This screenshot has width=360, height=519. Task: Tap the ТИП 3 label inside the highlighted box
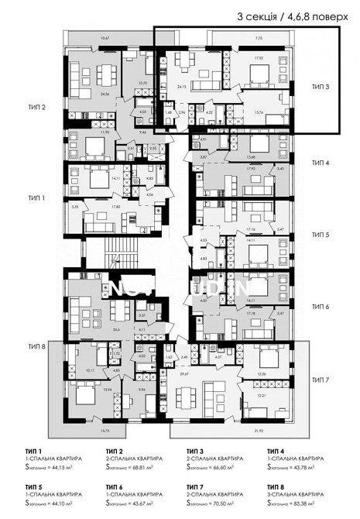(x=321, y=88)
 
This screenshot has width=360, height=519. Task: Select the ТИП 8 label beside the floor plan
(x=36, y=346)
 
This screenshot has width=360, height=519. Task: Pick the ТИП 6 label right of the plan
(x=321, y=307)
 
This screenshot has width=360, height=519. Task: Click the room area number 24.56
(x=83, y=95)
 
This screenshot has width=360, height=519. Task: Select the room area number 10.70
(x=142, y=84)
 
